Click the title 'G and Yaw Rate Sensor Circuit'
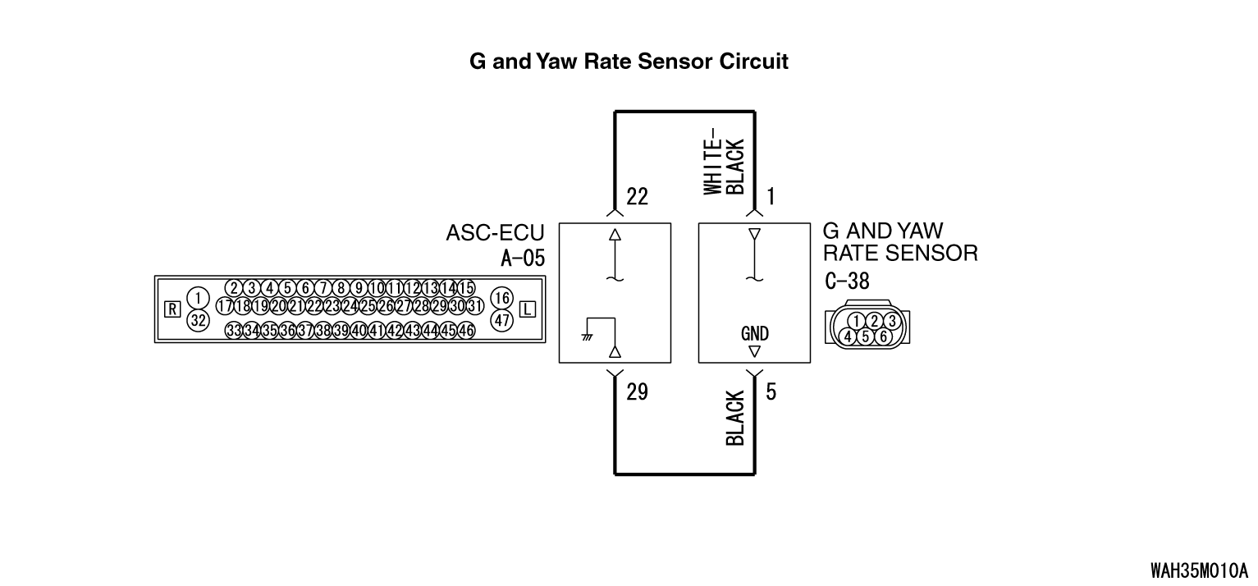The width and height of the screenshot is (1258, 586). (x=629, y=62)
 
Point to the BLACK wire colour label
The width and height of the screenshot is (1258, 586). (x=735, y=419)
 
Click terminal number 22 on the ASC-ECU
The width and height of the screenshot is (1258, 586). (x=637, y=197)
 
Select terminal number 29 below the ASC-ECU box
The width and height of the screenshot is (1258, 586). (x=637, y=392)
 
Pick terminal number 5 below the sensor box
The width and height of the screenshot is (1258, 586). (x=771, y=392)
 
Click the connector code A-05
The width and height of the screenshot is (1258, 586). (x=522, y=259)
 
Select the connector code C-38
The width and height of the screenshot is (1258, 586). (x=848, y=282)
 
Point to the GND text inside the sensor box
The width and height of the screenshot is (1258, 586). (x=754, y=334)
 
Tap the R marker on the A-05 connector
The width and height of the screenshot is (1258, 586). (x=172, y=309)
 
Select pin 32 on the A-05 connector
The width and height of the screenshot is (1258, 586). (x=198, y=321)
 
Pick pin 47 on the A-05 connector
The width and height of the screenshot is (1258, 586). (x=502, y=321)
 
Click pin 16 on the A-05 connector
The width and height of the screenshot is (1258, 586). (x=502, y=298)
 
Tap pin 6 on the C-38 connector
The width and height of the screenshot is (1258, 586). (x=883, y=336)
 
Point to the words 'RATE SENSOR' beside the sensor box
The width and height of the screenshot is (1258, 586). (x=899, y=254)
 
